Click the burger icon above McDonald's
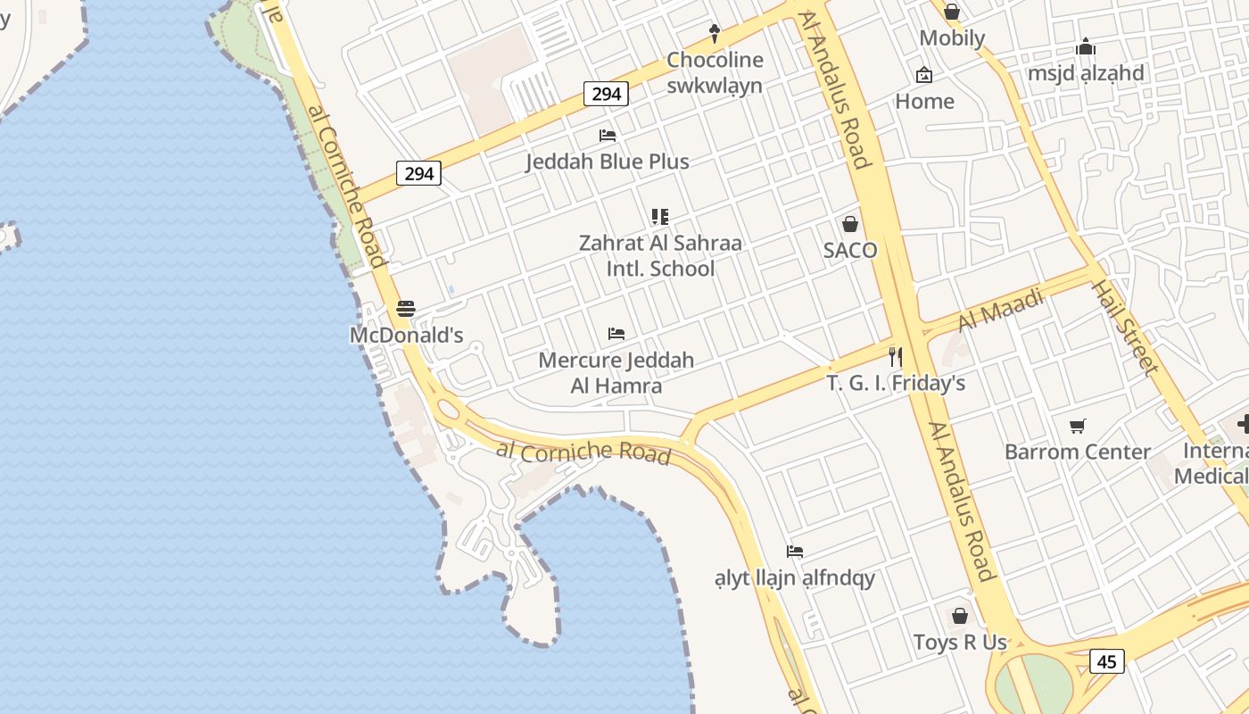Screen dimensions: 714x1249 pos(406,309)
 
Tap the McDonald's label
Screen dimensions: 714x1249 pos(406,336)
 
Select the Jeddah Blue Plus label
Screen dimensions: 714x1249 pos(607,162)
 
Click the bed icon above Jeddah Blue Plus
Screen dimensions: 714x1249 pos(608,136)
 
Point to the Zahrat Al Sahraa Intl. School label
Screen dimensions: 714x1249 pos(660,255)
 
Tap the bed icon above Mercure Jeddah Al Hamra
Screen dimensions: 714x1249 pos(616,334)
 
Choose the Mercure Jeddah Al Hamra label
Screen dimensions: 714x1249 pos(616,373)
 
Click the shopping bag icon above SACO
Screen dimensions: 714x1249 pos(850,224)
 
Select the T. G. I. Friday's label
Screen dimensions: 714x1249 pos(896,384)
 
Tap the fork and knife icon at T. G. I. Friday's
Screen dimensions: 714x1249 pos(896,357)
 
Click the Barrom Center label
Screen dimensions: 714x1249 pos(1078,452)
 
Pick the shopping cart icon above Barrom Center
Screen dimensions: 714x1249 pos(1078,426)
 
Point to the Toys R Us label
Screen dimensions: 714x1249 pos(960,642)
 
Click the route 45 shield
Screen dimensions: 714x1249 pos(1106,661)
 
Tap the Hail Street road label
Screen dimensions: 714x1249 pos(1125,328)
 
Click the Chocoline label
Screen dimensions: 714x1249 pos(715,61)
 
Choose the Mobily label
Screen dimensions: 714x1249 pos(952,37)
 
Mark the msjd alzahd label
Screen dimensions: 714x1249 pos(1086,73)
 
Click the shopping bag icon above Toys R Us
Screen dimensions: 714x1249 pos(960,616)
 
